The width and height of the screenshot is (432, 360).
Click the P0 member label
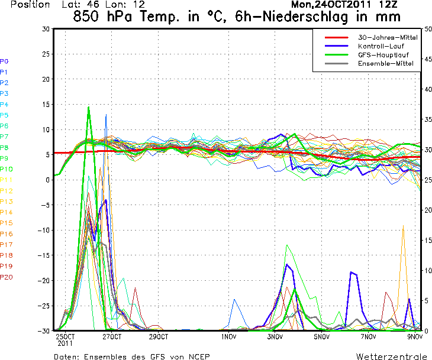(4, 61)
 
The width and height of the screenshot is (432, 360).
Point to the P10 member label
(6, 169)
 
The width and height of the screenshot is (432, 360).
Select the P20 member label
(6, 277)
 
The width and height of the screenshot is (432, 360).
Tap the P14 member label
(6, 212)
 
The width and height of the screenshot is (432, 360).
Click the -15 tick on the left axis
(45, 255)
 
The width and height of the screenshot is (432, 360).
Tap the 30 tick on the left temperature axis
(46, 29)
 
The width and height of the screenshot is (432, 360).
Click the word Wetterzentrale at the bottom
(391, 356)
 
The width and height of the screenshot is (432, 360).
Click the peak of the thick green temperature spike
(89, 107)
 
